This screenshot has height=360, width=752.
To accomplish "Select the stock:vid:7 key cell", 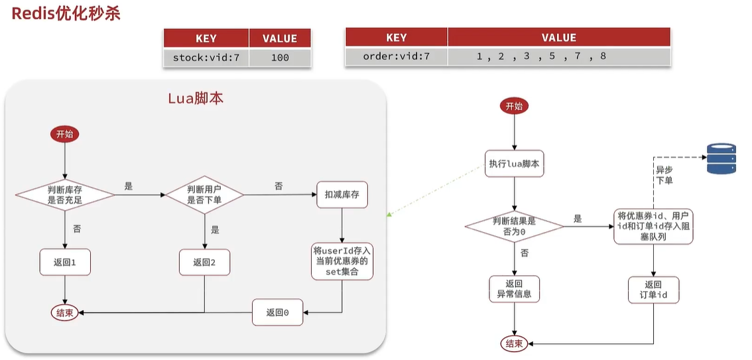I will pyautogui.click(x=206, y=58).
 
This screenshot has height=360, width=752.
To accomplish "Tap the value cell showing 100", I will pyautogui.click(x=280, y=58).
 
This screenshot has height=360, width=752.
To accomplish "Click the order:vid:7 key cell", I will pyautogui.click(x=396, y=56).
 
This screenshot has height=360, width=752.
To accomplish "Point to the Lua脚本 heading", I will pyautogui.click(x=196, y=99).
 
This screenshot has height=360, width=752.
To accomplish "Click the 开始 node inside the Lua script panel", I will pyautogui.click(x=65, y=134).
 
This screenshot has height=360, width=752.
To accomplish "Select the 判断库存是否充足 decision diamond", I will pyautogui.click(x=65, y=195).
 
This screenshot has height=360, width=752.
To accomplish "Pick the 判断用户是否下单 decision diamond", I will pyautogui.click(x=204, y=195).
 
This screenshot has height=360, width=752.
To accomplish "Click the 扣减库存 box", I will pyautogui.click(x=342, y=195).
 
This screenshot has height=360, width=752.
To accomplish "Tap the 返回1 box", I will pyautogui.click(x=65, y=262).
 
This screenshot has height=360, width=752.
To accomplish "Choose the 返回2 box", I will pyautogui.click(x=204, y=262).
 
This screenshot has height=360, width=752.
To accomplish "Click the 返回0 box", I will pyautogui.click(x=277, y=312).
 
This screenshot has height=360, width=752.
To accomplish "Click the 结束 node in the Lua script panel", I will pyautogui.click(x=65, y=312).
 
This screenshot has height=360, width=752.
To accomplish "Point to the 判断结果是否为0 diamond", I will pyautogui.click(x=514, y=226).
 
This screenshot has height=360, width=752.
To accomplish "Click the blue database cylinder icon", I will pyautogui.click(x=721, y=158).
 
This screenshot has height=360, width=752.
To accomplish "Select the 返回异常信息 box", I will pyautogui.click(x=514, y=288).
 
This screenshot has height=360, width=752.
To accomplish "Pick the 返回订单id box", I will pyautogui.click(x=653, y=289).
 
